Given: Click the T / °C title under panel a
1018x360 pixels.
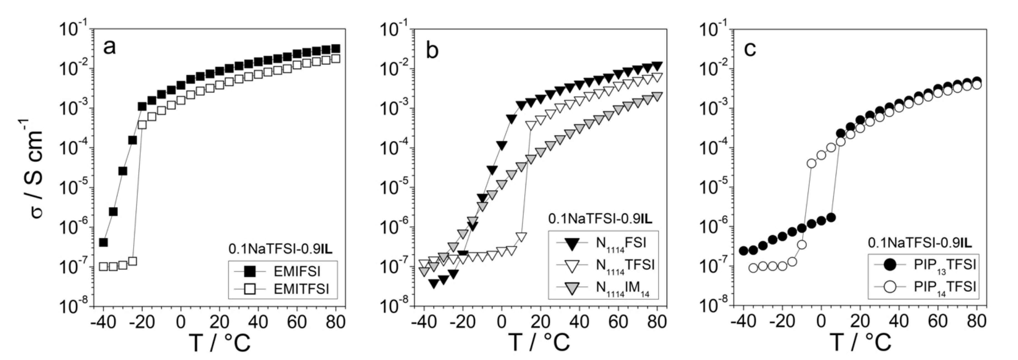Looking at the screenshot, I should (x=220, y=342).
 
